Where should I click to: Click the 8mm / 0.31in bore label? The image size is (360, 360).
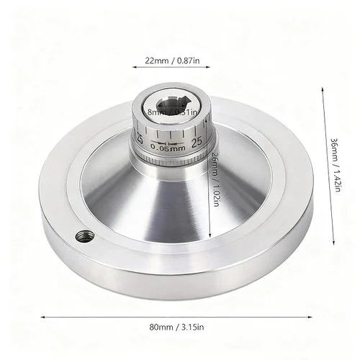[x=173, y=112]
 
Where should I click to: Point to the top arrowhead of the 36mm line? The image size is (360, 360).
[x=321, y=88]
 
